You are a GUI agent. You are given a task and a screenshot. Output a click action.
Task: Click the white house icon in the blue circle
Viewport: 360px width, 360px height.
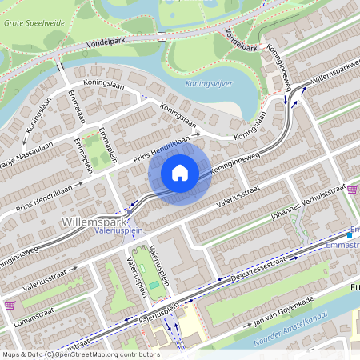tap(180, 172)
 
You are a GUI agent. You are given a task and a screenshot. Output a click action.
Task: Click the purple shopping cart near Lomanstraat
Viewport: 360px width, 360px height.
tap(10, 306)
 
